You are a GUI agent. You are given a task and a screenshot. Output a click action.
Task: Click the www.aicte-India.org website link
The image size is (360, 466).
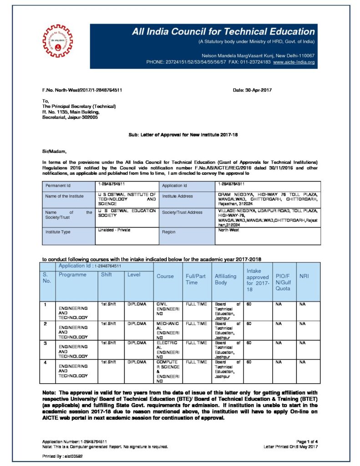tap(294, 61)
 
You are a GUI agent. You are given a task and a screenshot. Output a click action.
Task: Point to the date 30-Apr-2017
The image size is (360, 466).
tap(252, 90)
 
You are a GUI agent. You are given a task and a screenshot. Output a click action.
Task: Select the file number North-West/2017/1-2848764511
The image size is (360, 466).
tap(82, 90)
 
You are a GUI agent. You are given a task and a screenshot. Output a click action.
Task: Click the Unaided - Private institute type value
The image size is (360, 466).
tap(114, 230)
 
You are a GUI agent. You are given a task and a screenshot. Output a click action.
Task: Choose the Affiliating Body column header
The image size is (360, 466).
tap(227, 279)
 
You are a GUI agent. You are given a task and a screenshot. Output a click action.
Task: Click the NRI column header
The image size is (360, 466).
tap(304, 276)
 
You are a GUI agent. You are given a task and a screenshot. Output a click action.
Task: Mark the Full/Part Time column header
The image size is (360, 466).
tap(197, 279)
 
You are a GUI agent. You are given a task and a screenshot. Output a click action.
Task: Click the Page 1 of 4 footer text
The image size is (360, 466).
tap(307, 441)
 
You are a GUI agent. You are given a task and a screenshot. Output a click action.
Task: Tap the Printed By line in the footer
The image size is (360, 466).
tap(62, 456)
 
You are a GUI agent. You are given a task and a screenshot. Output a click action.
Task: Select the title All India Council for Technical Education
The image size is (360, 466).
tap(223, 32)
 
